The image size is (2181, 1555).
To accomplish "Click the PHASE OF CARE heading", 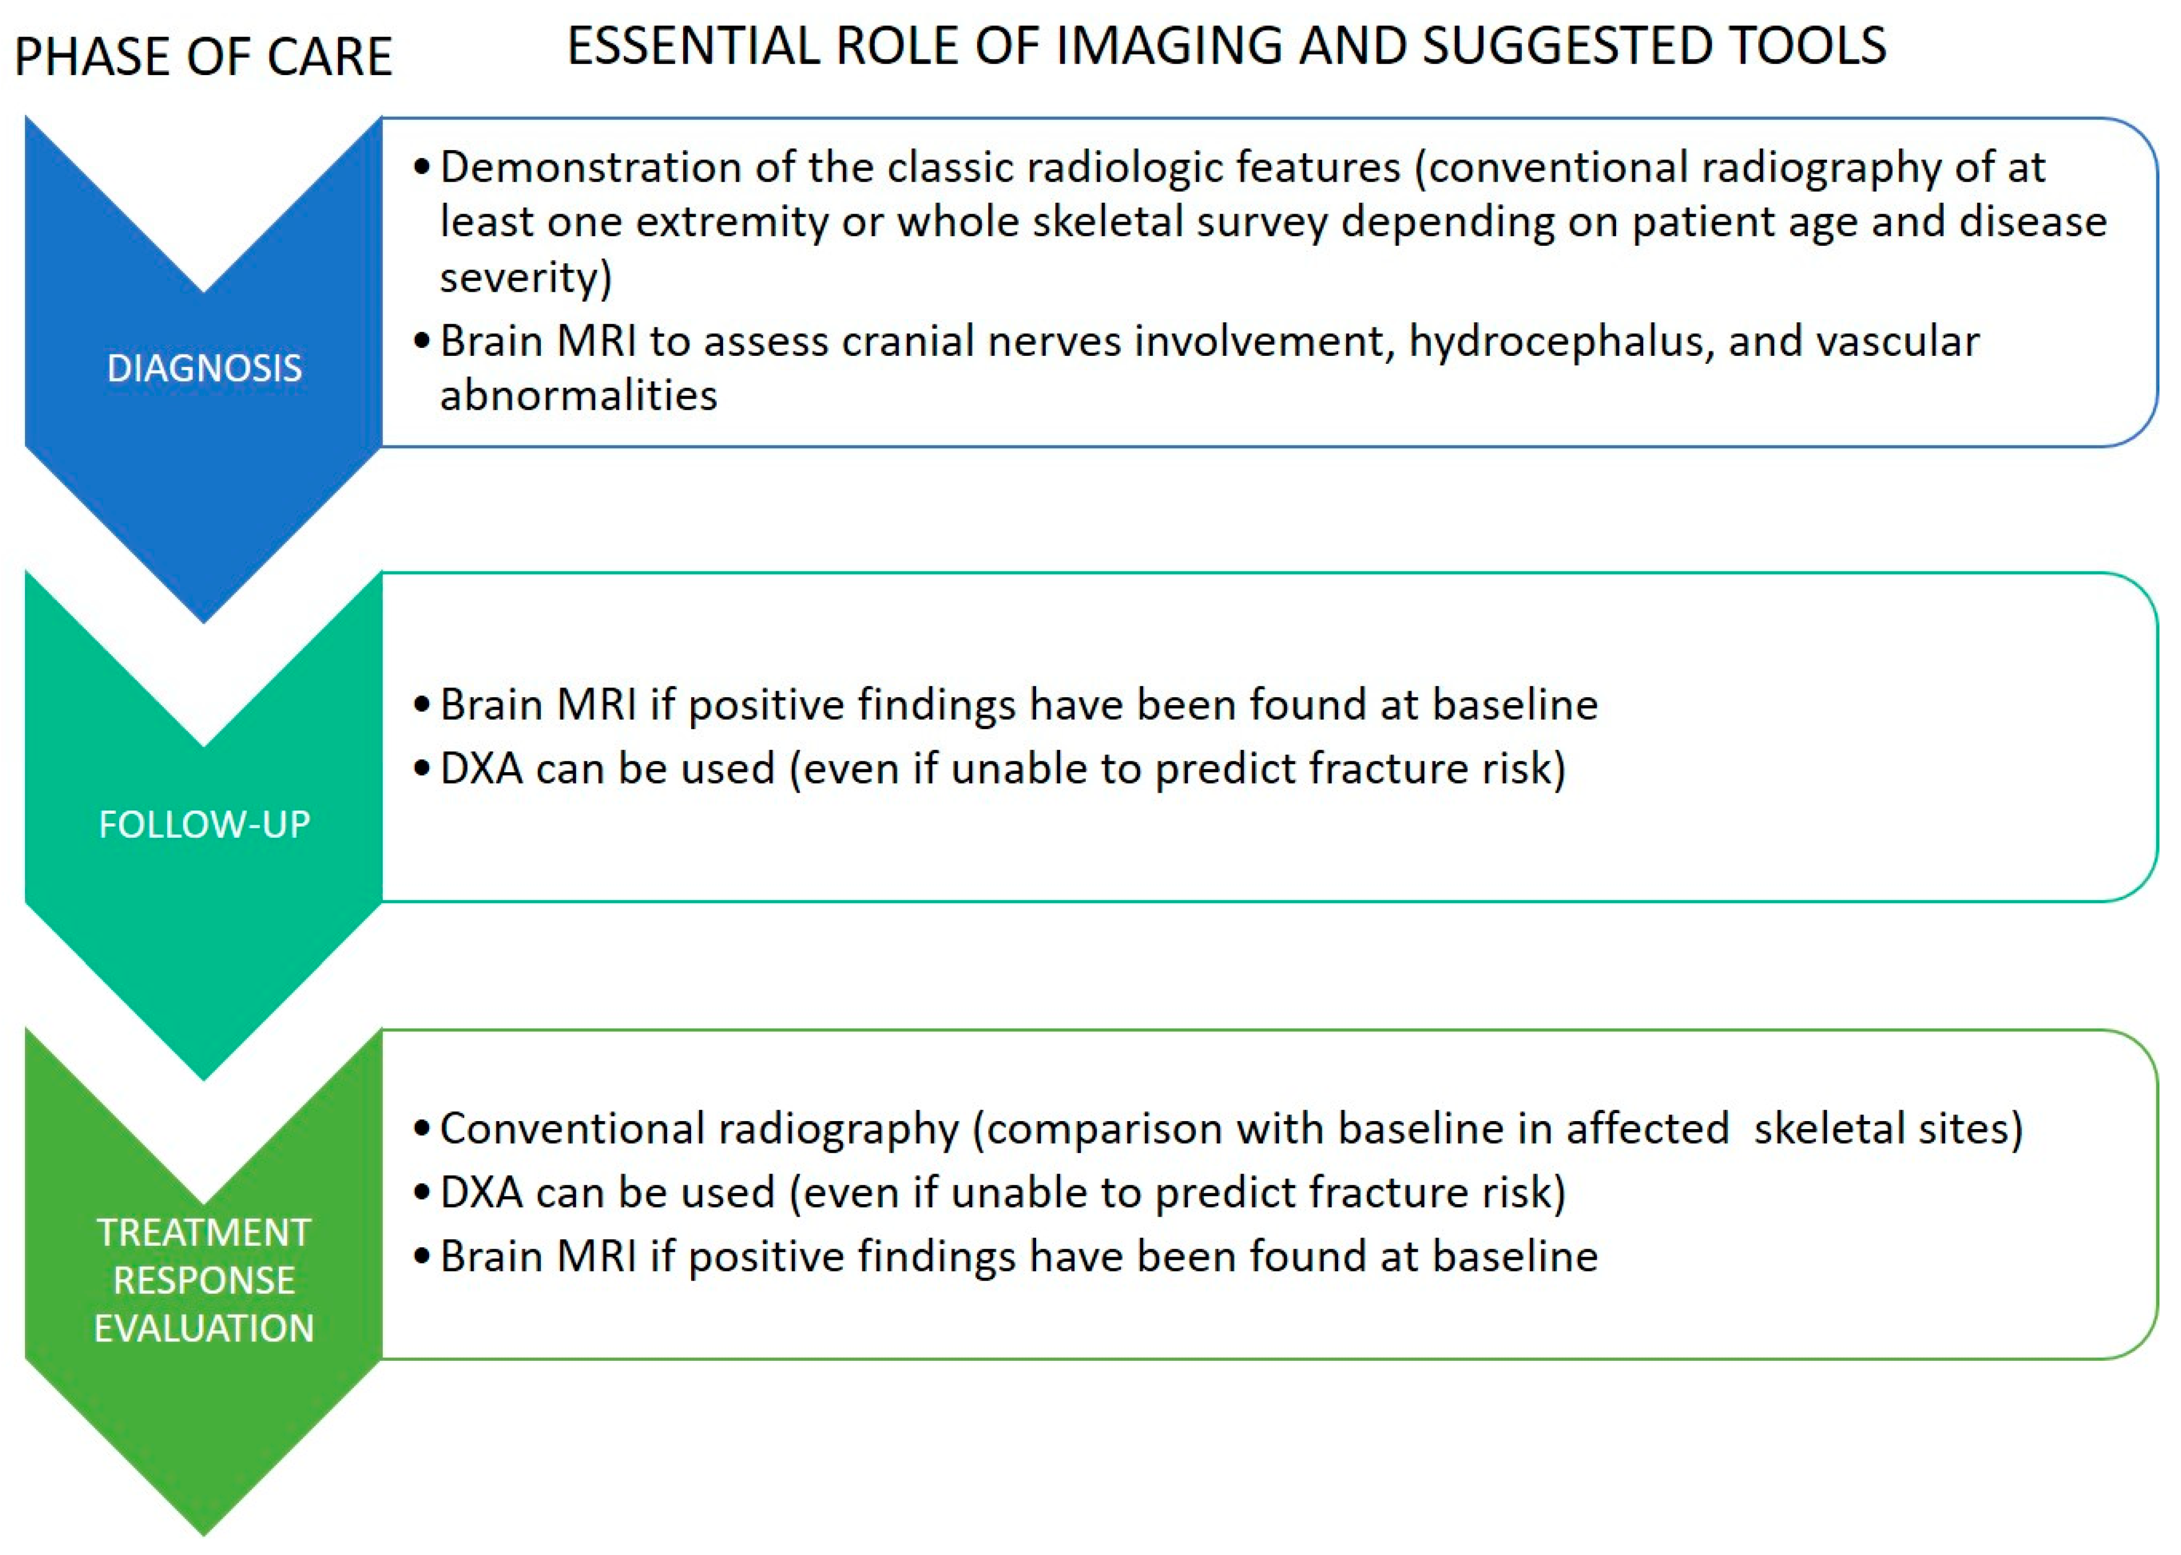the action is (203, 56).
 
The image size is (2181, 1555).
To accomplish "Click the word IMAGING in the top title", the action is (1167, 46).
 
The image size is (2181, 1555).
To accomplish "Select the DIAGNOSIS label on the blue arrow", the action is (204, 368).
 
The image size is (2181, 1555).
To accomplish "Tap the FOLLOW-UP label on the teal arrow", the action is (204, 824).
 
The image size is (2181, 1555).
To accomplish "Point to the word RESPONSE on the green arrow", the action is (204, 1280).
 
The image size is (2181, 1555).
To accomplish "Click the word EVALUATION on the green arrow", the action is (204, 1328).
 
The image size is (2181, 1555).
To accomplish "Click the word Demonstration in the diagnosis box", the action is (590, 168).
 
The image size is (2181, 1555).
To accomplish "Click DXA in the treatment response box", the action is (482, 1193).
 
